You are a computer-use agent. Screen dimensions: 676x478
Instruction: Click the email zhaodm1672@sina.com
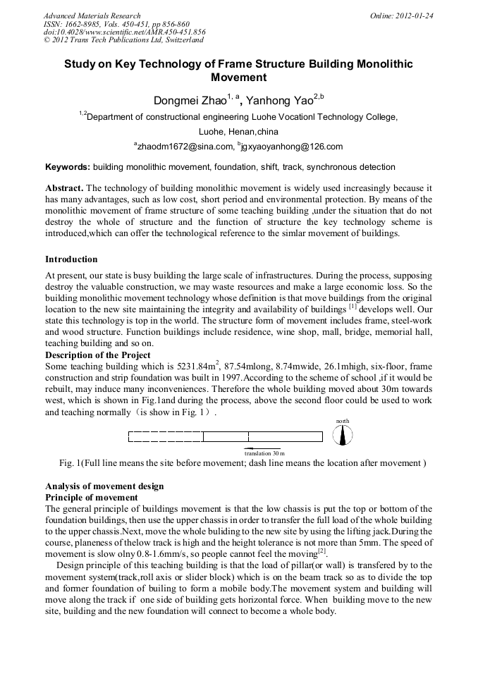coord(185,147)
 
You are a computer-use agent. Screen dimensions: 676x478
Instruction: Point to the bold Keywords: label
coord(68,167)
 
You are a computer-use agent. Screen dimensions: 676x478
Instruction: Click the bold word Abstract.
coord(64,188)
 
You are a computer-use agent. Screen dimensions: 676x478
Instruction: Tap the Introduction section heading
coord(71,259)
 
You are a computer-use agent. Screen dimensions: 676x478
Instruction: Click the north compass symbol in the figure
coord(343,436)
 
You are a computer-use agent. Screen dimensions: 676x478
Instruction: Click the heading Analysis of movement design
coord(104,486)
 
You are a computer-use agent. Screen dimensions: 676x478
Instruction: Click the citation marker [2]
coord(321,551)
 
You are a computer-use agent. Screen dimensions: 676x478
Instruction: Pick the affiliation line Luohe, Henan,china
coord(238,131)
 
